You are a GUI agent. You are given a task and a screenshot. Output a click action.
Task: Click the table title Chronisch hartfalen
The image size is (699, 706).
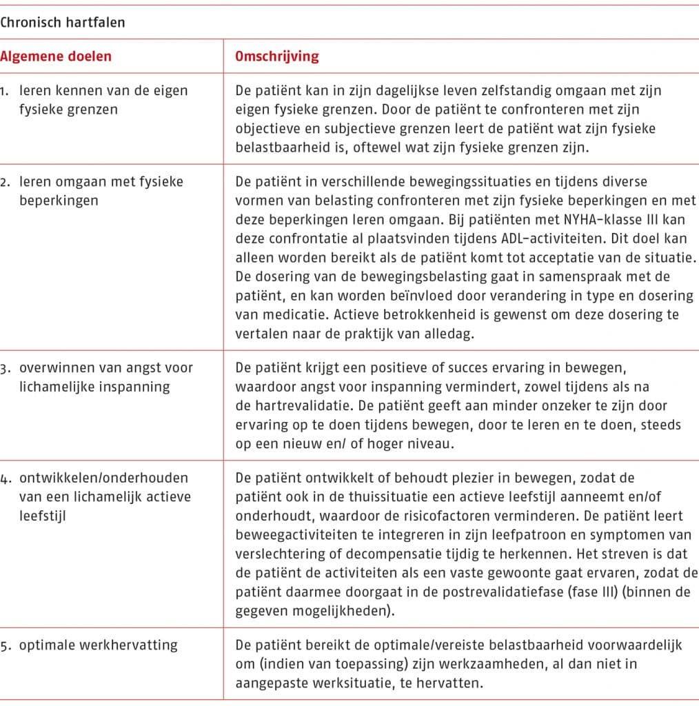pos(62,21)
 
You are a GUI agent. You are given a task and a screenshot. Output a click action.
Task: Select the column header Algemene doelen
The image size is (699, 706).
pos(56,57)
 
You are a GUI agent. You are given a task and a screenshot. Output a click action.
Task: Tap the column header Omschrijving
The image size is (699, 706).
pos(277,57)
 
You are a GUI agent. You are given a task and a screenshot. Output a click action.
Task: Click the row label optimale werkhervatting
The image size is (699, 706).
pos(98,645)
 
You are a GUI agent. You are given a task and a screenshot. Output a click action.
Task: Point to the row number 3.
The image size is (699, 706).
pos(5,367)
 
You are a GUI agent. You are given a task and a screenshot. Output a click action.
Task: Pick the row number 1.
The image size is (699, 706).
pos(5,90)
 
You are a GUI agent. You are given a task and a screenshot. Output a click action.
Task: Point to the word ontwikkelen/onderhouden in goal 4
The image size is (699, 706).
pos(103,478)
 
